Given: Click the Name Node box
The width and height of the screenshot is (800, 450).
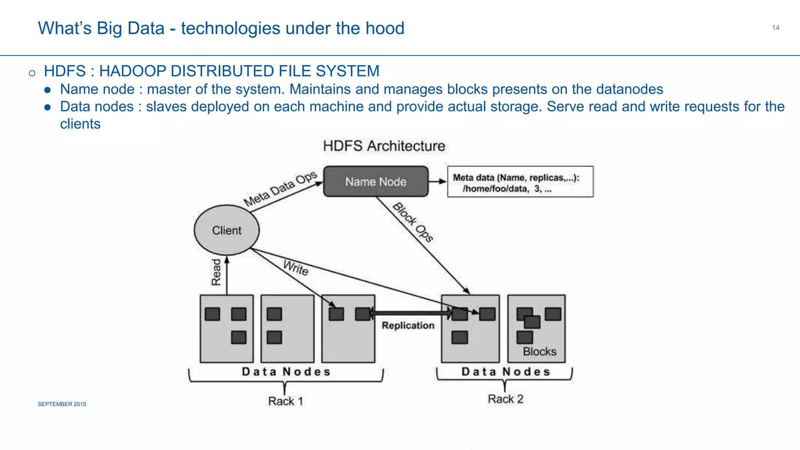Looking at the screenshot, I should tap(376, 182).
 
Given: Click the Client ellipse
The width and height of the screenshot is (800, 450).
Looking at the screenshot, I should tap(227, 230).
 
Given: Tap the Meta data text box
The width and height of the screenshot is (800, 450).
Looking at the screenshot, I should tap(520, 182).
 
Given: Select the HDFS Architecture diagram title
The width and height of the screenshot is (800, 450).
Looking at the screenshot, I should tap(384, 146).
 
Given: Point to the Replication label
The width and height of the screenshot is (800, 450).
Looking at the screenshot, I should tap(408, 326).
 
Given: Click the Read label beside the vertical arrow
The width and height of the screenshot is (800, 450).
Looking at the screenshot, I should tap(216, 272).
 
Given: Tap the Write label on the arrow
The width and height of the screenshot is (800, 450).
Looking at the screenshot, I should tap(296, 268).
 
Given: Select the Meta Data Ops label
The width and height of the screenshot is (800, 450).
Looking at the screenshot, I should tap(280, 189).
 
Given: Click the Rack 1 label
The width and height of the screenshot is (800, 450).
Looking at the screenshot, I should tap(286, 401).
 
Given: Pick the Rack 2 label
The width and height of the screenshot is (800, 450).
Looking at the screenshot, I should tap(505, 399).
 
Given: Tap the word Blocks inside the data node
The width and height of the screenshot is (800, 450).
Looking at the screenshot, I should tap(539, 352).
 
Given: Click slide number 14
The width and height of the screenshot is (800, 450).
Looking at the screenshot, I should tap(775, 28).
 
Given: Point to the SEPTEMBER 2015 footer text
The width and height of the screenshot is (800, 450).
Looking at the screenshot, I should tap(62, 404).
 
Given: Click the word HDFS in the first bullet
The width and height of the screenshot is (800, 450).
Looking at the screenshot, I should tap(65, 71).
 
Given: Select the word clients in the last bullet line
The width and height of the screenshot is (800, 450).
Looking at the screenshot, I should tap(80, 124).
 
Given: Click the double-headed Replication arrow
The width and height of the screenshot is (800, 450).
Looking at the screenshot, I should tap(410, 313).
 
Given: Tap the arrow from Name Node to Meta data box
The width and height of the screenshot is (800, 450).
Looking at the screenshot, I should tap(437, 181).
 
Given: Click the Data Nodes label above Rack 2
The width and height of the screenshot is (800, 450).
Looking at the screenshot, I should tap(506, 371).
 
